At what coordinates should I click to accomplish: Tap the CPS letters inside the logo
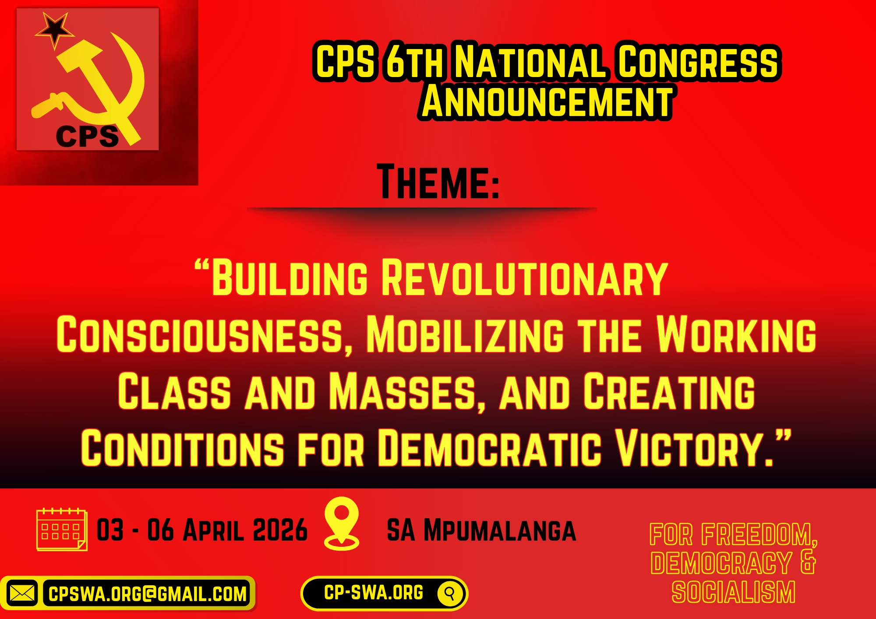click(87, 136)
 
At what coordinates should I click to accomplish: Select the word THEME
click(438, 182)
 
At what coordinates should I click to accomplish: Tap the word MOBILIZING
click(465, 335)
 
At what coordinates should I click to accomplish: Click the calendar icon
click(62, 529)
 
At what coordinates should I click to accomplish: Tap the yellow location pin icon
click(342, 523)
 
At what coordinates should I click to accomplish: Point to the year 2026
click(280, 530)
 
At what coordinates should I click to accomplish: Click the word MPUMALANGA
click(499, 531)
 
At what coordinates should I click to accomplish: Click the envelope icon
click(22, 594)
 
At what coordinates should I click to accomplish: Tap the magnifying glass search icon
click(449, 593)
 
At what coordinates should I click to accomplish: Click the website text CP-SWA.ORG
click(374, 593)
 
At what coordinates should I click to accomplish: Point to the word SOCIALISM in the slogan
click(733, 592)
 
